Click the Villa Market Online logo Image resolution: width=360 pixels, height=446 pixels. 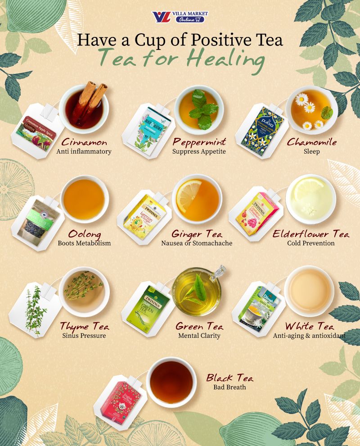tap(180, 17)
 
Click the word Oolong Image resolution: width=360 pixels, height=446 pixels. tap(85, 234)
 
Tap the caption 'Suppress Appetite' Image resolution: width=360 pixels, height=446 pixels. tap(199, 152)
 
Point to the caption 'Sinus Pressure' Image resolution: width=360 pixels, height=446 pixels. tap(85, 336)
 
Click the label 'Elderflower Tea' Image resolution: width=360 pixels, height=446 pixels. tap(311, 234)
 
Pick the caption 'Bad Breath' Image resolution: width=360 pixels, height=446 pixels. tap(229, 387)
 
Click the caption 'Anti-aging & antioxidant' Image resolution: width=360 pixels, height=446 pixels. tap(309, 336)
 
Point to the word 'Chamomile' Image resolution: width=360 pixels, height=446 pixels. tap(312, 142)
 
